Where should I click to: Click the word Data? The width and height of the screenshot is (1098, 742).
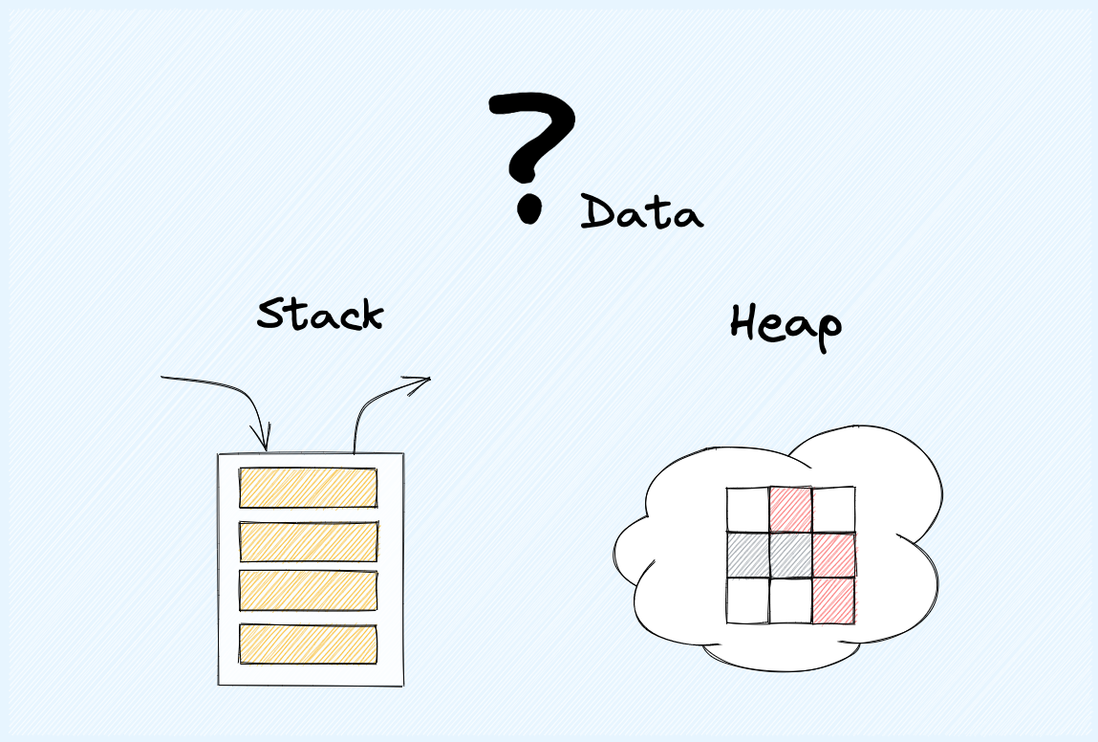point(641,212)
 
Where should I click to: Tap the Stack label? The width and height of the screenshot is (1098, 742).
point(320,315)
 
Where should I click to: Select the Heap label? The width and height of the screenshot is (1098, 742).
point(786,326)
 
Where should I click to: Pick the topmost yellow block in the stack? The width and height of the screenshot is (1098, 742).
point(308,488)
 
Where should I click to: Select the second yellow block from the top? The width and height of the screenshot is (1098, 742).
point(309,541)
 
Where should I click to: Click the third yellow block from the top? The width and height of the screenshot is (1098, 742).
point(308,591)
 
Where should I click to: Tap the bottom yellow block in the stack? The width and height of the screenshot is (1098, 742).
point(308,644)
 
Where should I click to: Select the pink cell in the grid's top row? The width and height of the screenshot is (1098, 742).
point(790,510)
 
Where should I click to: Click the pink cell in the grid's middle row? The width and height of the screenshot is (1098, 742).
point(833,555)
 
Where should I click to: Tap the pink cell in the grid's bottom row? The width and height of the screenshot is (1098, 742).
point(833,600)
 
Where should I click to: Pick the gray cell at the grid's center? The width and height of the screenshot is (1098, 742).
point(790,555)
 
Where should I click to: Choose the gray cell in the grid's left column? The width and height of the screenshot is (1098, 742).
point(748,555)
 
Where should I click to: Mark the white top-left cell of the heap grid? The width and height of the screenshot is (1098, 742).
point(748,510)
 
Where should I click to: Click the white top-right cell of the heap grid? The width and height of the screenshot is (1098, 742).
point(833,510)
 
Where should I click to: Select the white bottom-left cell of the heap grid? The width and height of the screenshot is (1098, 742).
point(748,600)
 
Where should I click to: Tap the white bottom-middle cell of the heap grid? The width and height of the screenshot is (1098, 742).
point(790,600)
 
